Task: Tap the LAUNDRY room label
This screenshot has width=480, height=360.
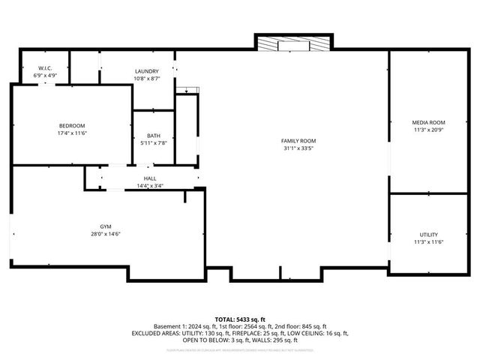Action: pos(145,71)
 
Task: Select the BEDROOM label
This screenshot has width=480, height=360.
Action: pos(72,125)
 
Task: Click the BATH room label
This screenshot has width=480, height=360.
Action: pos(153,136)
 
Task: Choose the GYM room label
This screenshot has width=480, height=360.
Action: pos(106,226)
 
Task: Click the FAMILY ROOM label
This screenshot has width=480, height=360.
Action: pos(298,141)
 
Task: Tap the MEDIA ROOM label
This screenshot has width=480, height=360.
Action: pos(428,122)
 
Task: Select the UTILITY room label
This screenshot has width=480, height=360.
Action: pos(428,235)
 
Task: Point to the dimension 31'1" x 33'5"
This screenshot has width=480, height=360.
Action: pos(298,148)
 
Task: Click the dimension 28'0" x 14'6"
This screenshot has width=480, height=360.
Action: pos(106,234)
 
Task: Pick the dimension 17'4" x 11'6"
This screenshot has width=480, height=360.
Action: pos(72,133)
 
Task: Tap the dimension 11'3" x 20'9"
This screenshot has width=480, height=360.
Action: pos(428,130)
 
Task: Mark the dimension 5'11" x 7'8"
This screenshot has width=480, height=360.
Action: pos(153,143)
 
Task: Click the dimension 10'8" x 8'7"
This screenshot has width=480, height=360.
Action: pos(145,79)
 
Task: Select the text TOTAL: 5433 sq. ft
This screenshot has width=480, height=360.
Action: pos(240,319)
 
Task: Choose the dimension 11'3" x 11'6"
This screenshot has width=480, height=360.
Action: pos(428,242)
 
